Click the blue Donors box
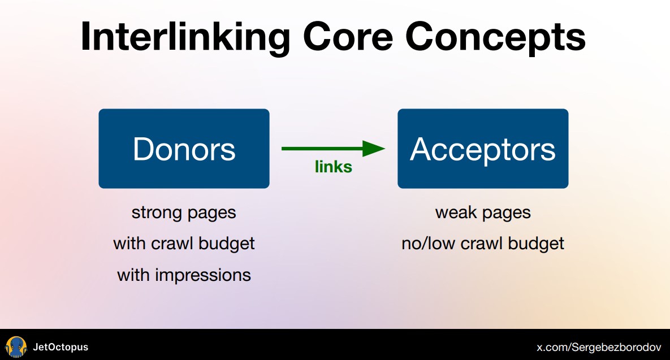click(184, 149)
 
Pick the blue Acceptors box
click(483, 149)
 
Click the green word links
click(334, 167)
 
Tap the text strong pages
click(184, 213)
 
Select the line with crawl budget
click(184, 244)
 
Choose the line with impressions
click(184, 275)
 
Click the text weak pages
click(483, 213)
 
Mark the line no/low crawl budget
click(483, 244)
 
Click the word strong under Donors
click(153, 213)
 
